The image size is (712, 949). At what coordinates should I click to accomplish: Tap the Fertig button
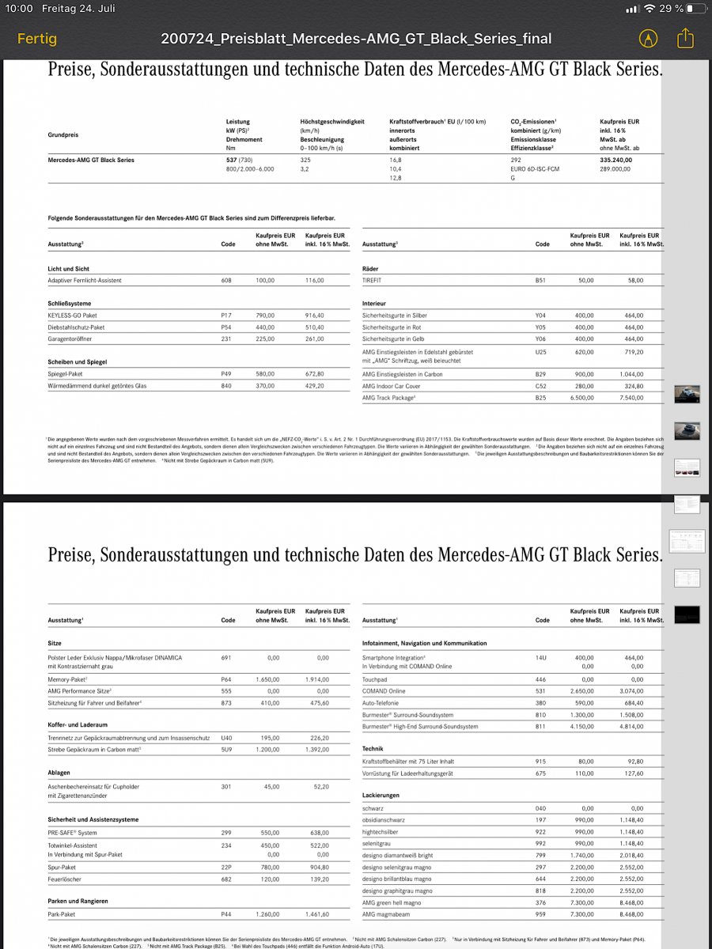click(37, 38)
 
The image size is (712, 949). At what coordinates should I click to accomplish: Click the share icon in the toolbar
click(685, 38)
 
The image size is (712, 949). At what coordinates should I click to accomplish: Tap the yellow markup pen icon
click(648, 38)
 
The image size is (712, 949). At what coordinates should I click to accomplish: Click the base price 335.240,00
click(616, 160)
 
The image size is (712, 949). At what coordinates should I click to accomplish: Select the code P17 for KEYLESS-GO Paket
click(226, 316)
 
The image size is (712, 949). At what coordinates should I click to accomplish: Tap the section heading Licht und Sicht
click(69, 269)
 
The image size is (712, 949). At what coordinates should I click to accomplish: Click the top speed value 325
click(305, 160)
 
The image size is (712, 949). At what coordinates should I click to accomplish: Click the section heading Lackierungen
click(381, 796)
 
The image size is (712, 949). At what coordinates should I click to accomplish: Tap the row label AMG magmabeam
click(388, 914)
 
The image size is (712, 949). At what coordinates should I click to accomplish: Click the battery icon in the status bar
click(695, 9)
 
